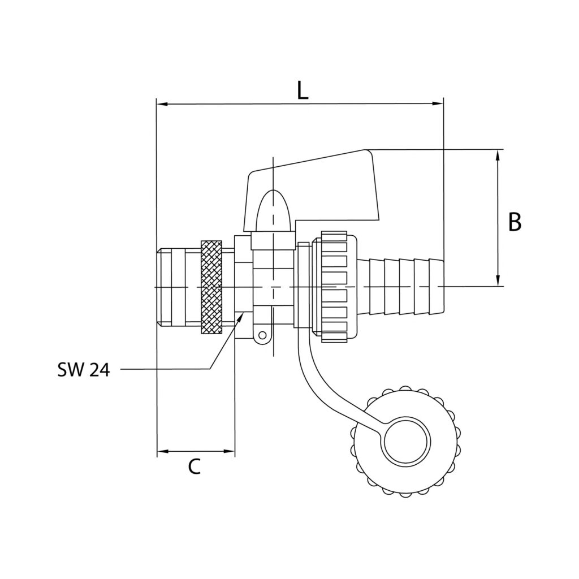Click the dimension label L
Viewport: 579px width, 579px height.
303,90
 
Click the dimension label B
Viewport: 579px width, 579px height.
514,222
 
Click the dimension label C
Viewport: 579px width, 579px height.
194,467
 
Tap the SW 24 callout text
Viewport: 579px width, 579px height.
83,370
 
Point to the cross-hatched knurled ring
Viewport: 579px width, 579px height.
211,288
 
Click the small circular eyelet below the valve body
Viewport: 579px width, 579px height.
261,336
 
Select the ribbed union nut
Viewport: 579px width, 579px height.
334,287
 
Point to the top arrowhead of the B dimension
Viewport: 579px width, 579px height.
498,154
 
